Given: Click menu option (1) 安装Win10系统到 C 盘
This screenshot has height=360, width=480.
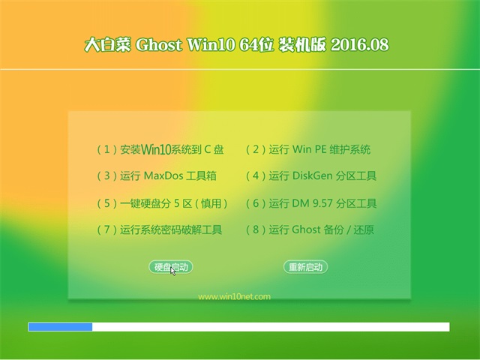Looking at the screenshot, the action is point(160,149).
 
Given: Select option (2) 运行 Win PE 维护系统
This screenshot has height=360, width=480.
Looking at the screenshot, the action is point(308,149).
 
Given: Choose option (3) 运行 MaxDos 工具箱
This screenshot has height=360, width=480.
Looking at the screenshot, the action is point(157,175).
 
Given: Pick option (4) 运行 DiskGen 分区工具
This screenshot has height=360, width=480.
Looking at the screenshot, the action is point(311,175).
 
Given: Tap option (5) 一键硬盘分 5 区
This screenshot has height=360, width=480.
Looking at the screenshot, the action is point(162,203).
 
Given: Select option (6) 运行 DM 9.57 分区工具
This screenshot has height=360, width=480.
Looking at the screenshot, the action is point(311,203).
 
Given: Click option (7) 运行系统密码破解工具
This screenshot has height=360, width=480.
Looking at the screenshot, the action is point(159,229).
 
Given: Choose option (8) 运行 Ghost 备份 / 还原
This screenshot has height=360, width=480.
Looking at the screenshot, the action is point(310,229).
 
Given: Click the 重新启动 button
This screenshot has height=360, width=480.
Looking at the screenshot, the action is point(305,267).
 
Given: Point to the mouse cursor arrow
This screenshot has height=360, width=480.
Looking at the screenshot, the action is point(172,271).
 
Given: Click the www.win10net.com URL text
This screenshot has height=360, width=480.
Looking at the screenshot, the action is point(234,296).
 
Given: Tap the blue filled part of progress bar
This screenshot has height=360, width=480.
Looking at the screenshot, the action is point(60,327).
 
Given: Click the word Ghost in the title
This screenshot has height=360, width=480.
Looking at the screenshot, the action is point(158,45).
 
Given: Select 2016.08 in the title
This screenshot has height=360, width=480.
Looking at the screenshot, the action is point(360,45).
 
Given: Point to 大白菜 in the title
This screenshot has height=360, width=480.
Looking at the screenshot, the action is point(108,45).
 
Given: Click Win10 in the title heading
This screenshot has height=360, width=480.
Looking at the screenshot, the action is point(211,45).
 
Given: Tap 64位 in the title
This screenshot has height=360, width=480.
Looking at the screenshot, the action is point(256,45).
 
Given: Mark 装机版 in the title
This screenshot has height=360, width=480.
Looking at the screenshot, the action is point(302,45).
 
